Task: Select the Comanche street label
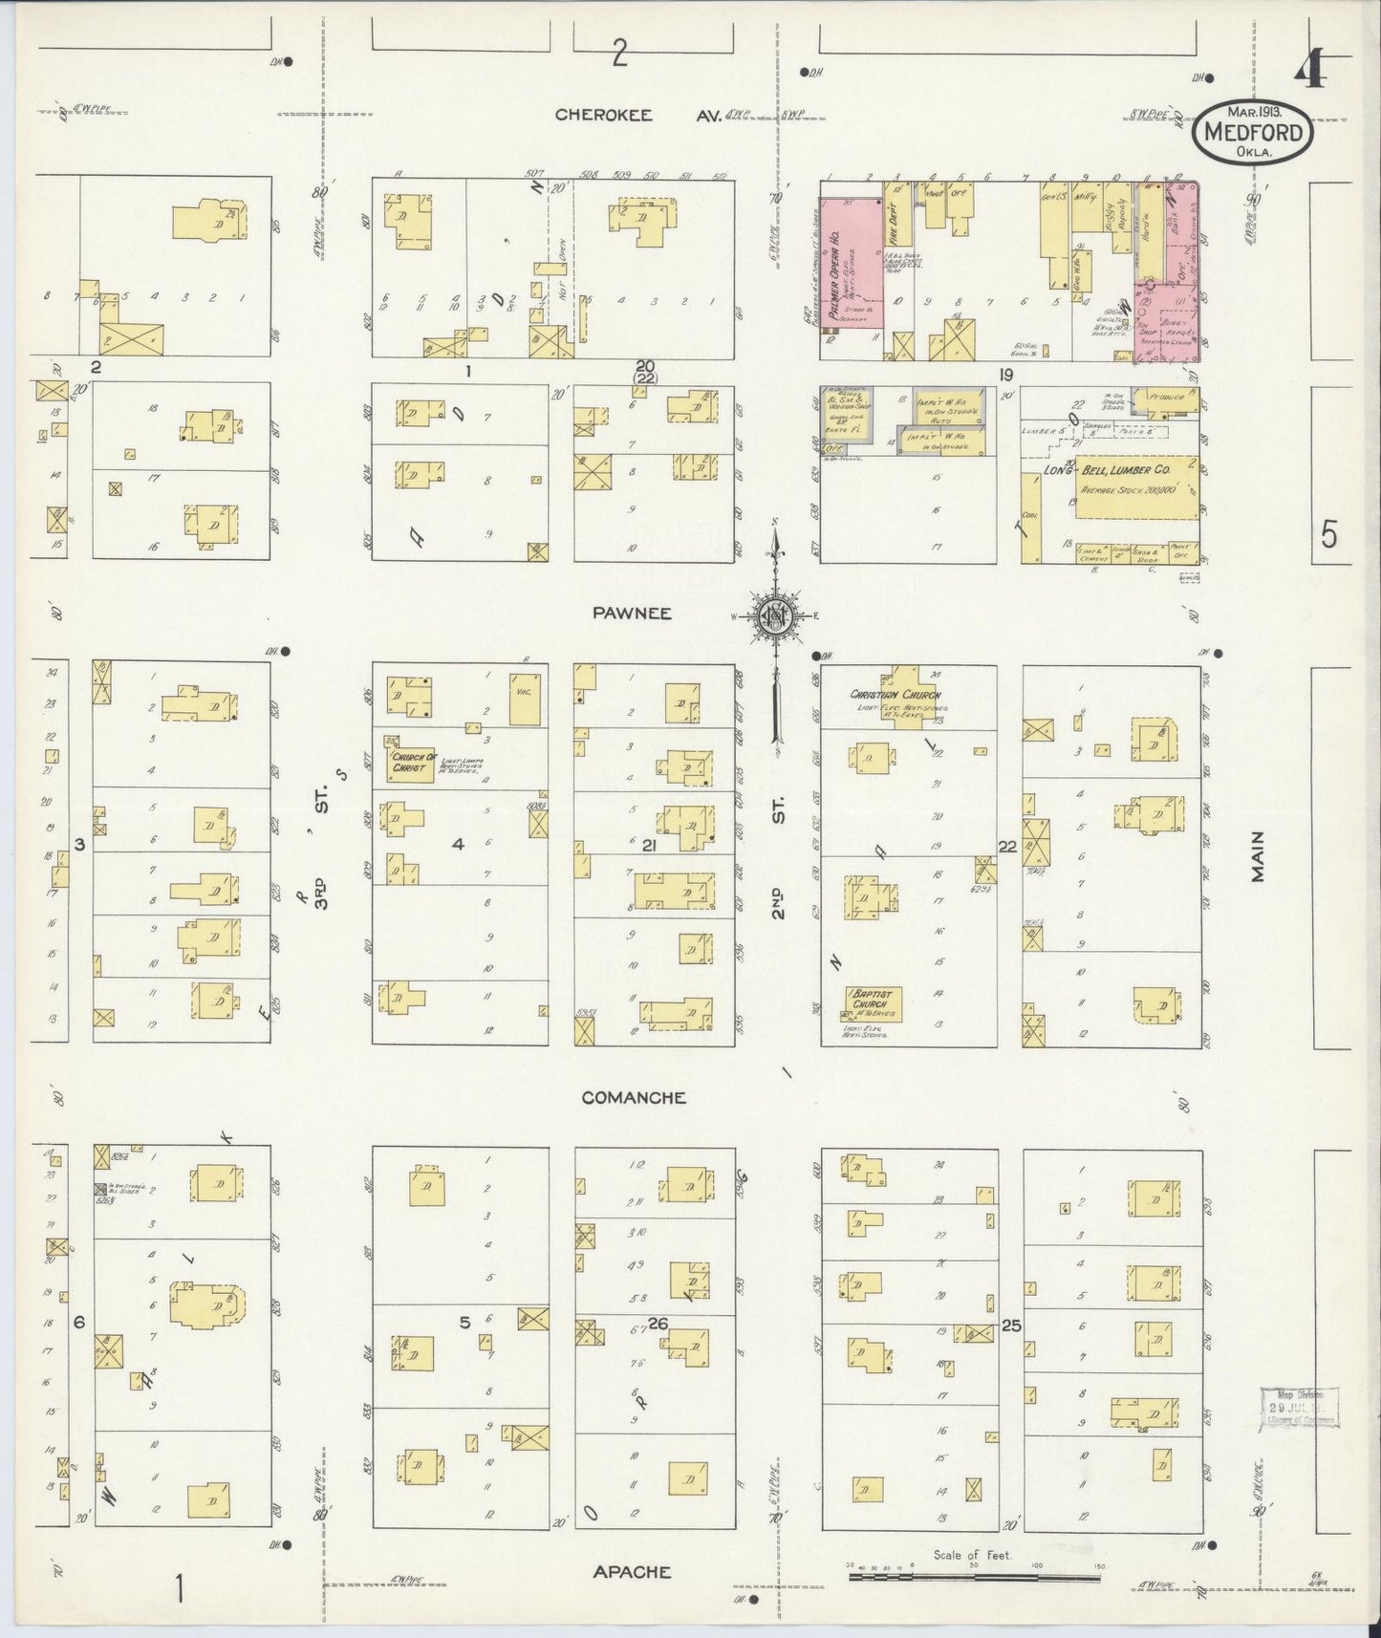pos(634,1097)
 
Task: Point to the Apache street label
pos(632,1571)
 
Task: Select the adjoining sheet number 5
pos(1329,535)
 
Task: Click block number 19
pos(1005,375)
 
